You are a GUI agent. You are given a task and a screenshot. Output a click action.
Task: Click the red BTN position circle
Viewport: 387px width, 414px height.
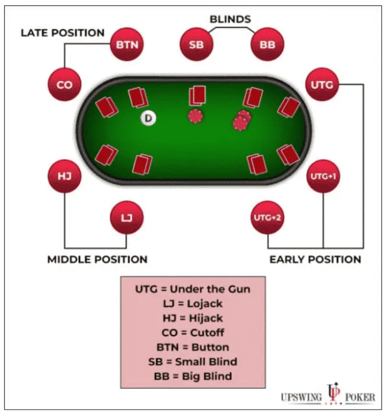click(x=127, y=44)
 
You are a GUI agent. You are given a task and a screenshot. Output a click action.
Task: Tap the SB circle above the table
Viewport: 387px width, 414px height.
click(x=196, y=44)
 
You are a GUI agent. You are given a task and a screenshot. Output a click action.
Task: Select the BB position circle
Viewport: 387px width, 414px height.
click(x=268, y=44)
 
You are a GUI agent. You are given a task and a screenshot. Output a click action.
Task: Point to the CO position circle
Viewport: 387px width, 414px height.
click(x=65, y=85)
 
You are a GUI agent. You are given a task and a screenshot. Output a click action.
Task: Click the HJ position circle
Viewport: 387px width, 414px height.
click(x=64, y=176)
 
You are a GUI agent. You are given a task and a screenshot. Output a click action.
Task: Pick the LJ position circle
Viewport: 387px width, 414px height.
click(x=127, y=218)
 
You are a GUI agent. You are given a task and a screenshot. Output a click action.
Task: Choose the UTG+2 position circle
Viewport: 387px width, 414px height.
click(x=268, y=218)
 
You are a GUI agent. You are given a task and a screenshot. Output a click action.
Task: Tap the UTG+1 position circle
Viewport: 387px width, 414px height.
click(x=323, y=176)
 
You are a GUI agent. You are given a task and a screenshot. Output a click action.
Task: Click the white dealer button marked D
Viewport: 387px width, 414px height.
click(x=148, y=118)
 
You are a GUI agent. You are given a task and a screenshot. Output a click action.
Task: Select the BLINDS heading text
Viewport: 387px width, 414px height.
click(x=230, y=19)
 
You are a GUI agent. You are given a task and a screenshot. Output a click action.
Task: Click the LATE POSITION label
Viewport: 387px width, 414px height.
click(x=63, y=33)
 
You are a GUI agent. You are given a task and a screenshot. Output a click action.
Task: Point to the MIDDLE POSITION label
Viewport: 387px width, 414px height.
click(x=98, y=259)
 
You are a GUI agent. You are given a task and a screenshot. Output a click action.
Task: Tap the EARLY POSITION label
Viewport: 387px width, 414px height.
click(x=315, y=259)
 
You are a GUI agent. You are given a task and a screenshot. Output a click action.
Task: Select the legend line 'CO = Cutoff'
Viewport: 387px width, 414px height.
click(x=193, y=333)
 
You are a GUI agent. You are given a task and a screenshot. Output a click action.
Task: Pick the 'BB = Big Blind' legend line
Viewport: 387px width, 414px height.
click(x=193, y=376)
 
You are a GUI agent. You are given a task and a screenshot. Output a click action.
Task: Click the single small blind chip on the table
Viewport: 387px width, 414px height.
click(x=195, y=116)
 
